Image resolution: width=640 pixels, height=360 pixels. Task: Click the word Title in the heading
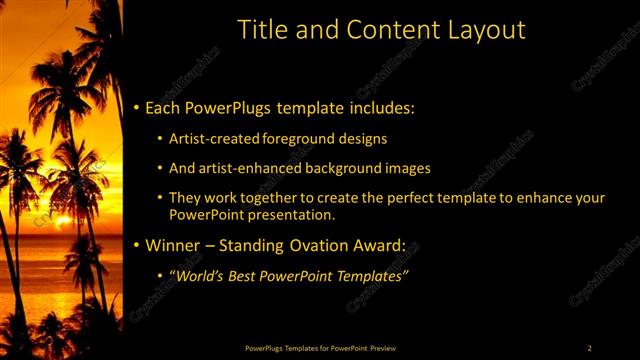click(260, 30)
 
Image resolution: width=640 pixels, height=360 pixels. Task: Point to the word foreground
click(305, 138)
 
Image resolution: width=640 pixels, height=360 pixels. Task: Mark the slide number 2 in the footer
click(590, 347)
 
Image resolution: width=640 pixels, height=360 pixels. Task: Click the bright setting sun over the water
click(62, 221)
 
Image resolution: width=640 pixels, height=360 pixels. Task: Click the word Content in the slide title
click(382, 30)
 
